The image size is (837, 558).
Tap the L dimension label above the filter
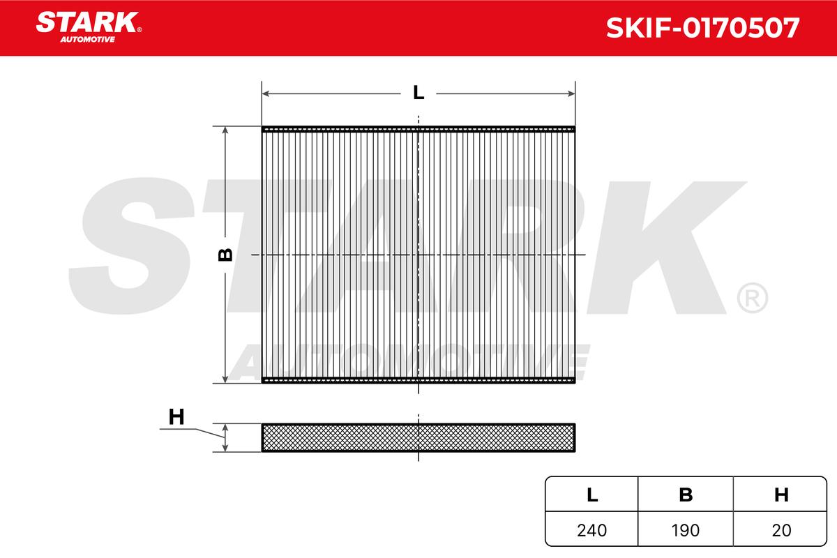pyautogui.click(x=418, y=93)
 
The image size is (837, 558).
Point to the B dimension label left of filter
pyautogui.click(x=225, y=255)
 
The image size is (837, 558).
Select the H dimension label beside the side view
pyautogui.click(x=176, y=417)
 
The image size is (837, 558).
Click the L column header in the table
pyautogui.click(x=592, y=495)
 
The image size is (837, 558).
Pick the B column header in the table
pyautogui.click(x=686, y=495)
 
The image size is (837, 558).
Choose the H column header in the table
pyautogui.click(x=781, y=495)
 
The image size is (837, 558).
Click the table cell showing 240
pyautogui.click(x=592, y=530)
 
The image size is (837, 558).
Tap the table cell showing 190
pyautogui.click(x=686, y=530)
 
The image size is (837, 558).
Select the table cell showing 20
pyautogui.click(x=781, y=530)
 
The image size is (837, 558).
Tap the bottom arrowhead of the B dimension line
pyautogui.click(x=225, y=378)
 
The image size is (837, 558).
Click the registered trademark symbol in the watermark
pyautogui.click(x=751, y=298)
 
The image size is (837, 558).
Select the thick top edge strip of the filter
pyautogui.click(x=418, y=129)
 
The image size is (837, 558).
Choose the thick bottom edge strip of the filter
pyautogui.click(x=418, y=380)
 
